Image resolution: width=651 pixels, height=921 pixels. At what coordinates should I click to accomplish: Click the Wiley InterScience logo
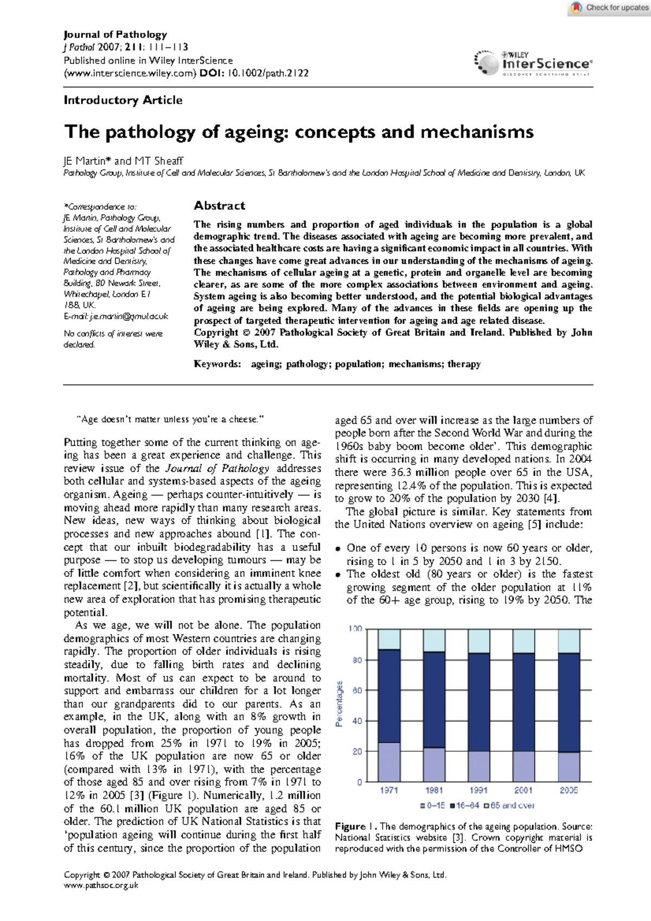(534, 63)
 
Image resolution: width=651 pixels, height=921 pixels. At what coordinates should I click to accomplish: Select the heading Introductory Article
(123, 100)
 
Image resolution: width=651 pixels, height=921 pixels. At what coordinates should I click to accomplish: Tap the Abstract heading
(219, 206)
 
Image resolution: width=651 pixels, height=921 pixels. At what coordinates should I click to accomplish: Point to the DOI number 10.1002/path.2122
(267, 73)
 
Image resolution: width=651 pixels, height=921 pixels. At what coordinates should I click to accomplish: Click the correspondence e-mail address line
(116, 316)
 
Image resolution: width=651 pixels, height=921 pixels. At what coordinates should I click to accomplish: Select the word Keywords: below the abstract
(217, 364)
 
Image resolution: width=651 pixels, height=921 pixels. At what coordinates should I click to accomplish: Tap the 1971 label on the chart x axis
(389, 790)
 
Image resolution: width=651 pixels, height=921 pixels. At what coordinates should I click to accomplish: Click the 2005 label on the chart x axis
(569, 790)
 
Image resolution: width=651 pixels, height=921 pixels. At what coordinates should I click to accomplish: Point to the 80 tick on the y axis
(357, 660)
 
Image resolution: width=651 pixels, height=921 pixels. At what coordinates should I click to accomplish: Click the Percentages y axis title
(340, 704)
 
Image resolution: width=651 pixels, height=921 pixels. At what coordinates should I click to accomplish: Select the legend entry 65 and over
(509, 805)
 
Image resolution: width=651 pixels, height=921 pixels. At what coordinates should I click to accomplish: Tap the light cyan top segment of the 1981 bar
(434, 640)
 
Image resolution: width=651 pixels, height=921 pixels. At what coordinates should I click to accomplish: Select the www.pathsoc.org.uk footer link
(101, 885)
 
